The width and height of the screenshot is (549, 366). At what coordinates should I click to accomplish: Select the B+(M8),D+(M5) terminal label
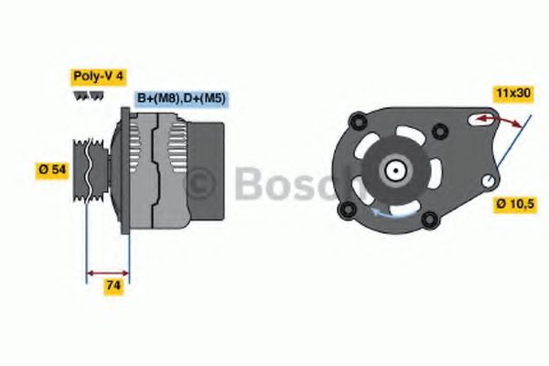coord(180,97)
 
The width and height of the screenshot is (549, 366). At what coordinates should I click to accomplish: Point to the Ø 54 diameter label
coord(52,169)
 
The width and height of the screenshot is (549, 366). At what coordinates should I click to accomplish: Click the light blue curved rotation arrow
coord(388,213)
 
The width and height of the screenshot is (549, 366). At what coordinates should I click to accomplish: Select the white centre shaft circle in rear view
coord(395,169)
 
